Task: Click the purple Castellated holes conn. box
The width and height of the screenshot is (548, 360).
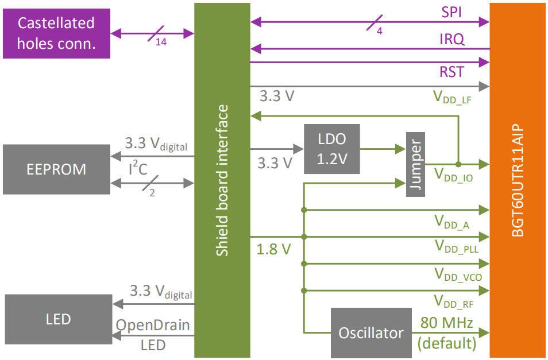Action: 56,33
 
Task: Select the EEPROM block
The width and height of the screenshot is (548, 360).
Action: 56,169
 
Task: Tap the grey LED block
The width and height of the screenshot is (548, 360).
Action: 58,319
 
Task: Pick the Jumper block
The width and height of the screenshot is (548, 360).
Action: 415,164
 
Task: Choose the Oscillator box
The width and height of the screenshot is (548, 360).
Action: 371,333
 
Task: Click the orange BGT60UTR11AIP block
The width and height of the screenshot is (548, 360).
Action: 517,180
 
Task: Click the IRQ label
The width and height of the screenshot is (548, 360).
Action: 452,40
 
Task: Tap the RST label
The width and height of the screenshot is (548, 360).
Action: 452,72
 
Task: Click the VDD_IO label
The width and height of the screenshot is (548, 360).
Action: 453,175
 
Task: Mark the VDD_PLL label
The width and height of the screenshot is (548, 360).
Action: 456,247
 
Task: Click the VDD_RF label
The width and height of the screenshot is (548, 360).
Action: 453,300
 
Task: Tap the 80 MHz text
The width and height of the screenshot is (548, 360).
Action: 447,323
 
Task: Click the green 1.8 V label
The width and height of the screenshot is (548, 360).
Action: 274,250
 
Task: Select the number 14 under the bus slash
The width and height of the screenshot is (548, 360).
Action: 161,43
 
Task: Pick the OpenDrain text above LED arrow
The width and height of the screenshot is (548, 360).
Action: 153,325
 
